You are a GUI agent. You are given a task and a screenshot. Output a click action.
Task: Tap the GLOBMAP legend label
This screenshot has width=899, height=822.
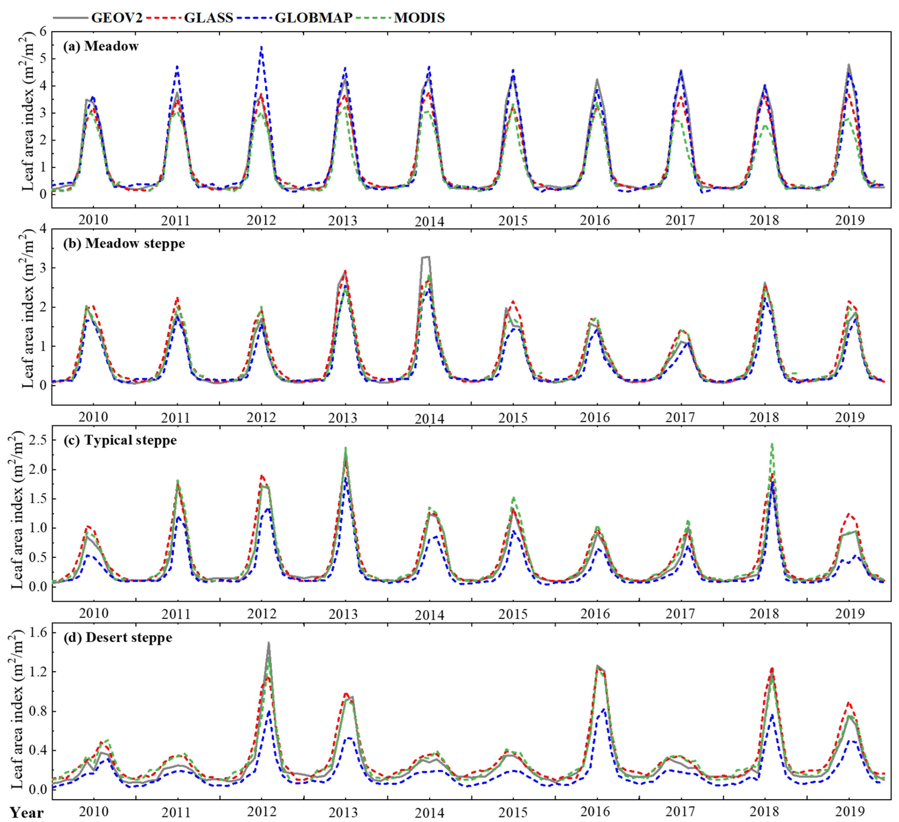click(314, 18)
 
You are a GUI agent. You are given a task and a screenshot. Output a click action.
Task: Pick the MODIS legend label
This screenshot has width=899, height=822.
click(419, 18)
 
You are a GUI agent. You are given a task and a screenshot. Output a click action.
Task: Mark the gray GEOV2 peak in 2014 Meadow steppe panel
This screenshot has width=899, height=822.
click(426, 257)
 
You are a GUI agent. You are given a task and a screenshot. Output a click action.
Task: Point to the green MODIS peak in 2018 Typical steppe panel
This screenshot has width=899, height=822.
click(772, 445)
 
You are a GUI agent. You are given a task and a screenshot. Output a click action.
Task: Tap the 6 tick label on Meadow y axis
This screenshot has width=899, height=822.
click(43, 32)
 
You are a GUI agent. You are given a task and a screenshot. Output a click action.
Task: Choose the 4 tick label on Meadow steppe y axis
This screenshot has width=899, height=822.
click(43, 229)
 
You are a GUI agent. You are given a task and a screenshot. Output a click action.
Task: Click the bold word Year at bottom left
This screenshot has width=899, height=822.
click(26, 812)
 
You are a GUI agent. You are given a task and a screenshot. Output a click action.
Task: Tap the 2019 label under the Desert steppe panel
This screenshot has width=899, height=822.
click(849, 811)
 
